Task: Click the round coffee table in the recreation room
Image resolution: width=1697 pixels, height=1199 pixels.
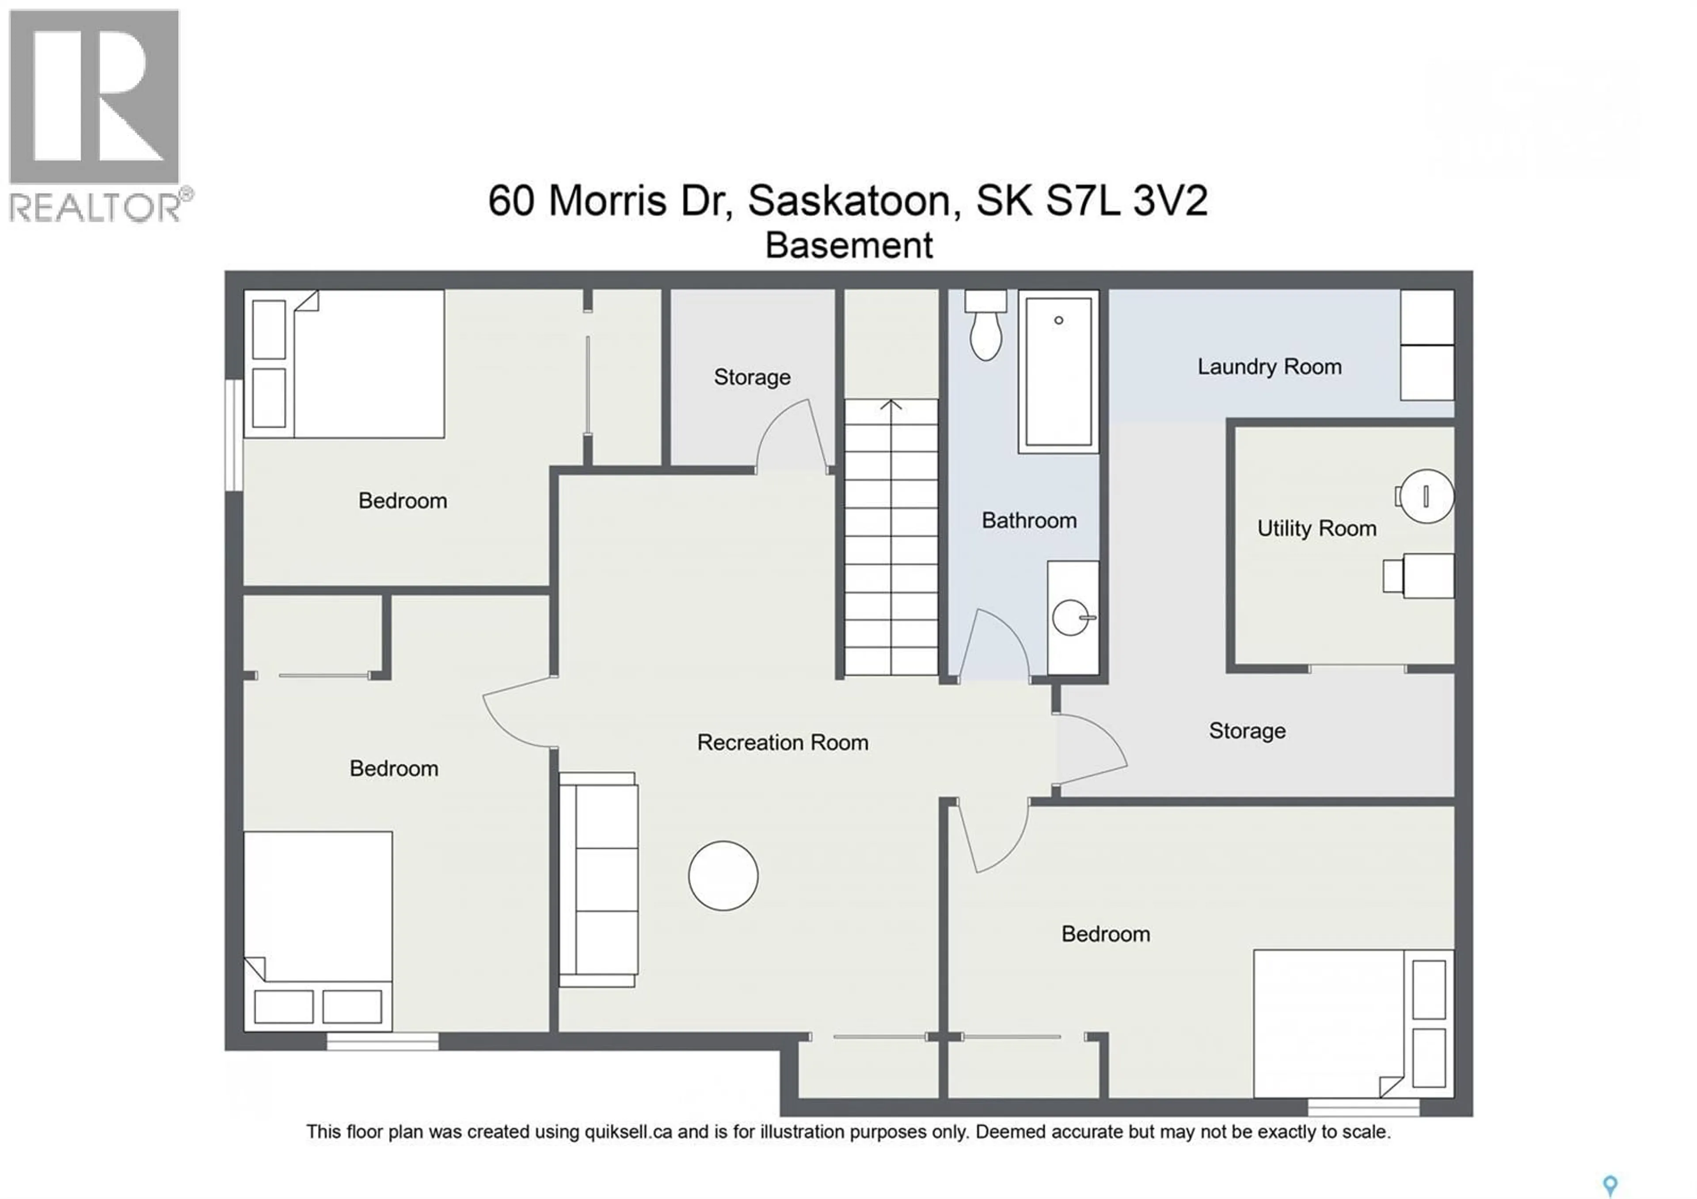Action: (x=723, y=876)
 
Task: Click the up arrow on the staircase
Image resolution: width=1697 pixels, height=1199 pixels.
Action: (x=891, y=405)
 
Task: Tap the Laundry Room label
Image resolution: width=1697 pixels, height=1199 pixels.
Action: (x=1269, y=367)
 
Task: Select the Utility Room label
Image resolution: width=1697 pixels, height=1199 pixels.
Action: (x=1317, y=528)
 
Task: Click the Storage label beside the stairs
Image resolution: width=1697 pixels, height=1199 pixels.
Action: (x=752, y=377)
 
